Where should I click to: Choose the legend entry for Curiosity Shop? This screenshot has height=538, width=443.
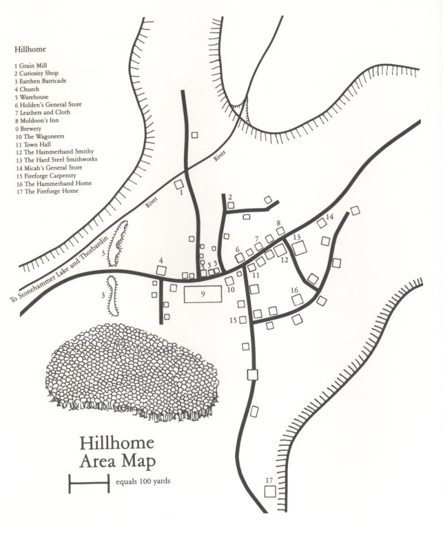click(37, 73)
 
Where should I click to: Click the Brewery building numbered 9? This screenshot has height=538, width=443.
click(203, 294)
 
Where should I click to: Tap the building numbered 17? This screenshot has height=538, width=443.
click(270, 491)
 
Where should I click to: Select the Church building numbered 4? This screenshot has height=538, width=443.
click(162, 270)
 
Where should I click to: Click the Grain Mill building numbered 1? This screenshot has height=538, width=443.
click(179, 185)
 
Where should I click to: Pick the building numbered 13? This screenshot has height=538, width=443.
click(300, 248)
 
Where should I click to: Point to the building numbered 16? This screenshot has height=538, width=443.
click(298, 300)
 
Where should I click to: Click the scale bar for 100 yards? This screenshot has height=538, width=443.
click(89, 483)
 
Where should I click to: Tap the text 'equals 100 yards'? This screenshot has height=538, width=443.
click(143, 481)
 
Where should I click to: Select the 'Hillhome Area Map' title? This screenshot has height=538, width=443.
click(117, 452)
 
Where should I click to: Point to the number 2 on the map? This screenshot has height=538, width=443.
click(230, 197)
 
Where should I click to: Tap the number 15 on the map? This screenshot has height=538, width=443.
click(233, 320)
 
